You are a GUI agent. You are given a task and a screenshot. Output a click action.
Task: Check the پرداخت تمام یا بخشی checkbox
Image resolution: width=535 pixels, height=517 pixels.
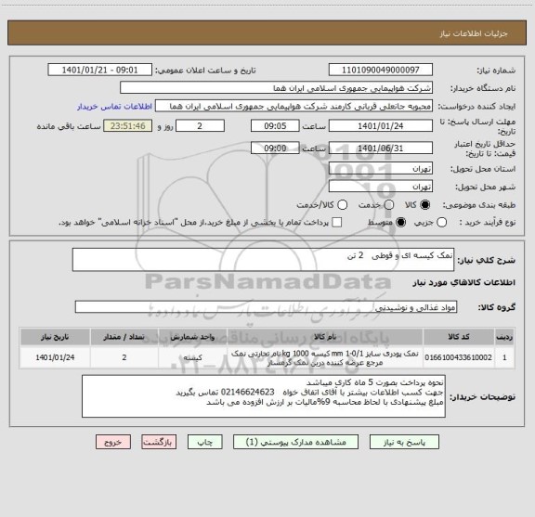tap(337, 222)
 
